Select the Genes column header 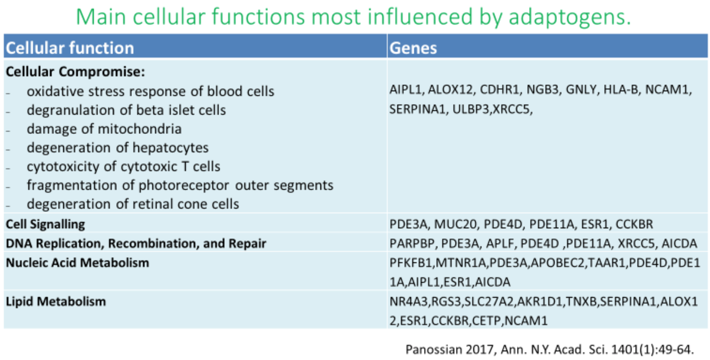[413, 48]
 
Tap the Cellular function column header [70, 48]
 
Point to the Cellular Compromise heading [75, 72]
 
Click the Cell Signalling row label [45, 224]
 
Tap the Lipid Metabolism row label [56, 301]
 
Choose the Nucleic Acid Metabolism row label [78, 262]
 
